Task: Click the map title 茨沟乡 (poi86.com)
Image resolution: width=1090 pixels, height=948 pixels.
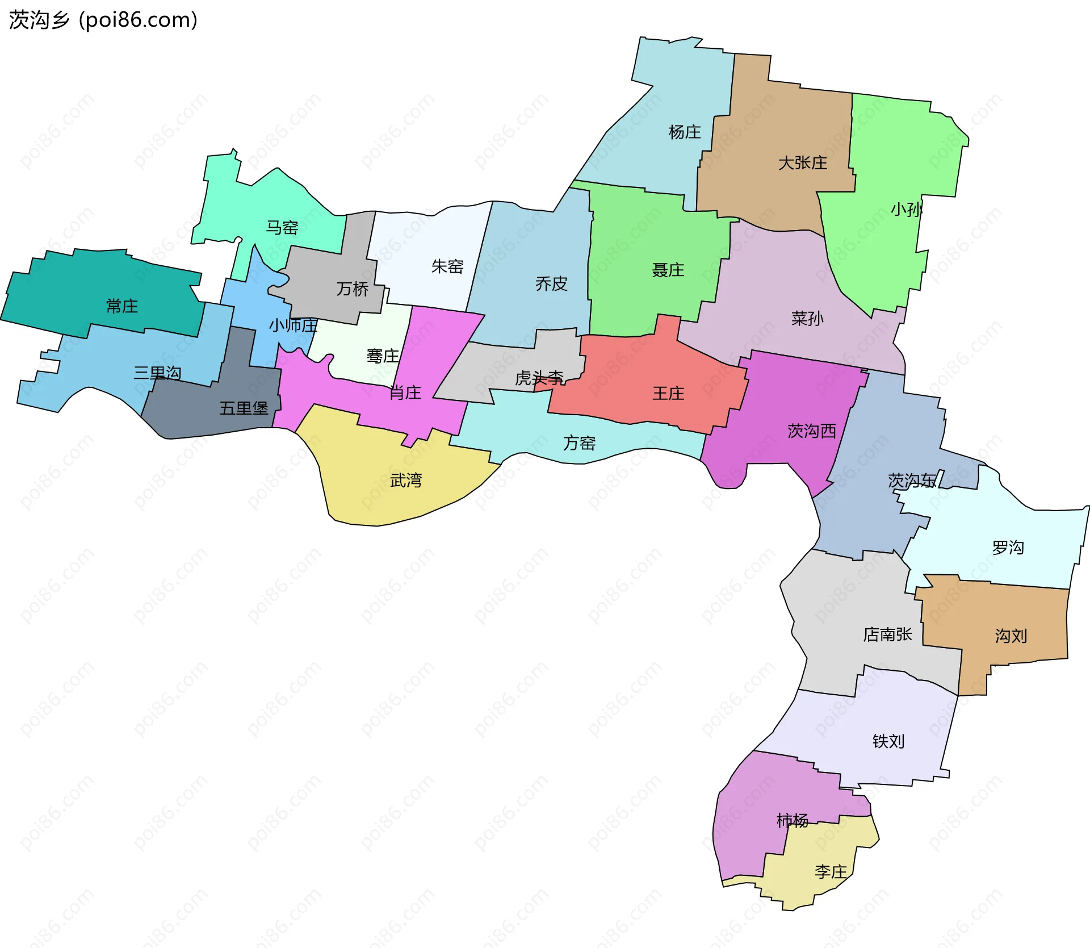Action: click(x=103, y=20)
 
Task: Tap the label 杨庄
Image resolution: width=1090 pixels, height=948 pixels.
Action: click(x=685, y=132)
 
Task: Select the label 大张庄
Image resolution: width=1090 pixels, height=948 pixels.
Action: click(x=802, y=163)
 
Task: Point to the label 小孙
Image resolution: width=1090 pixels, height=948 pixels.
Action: click(x=906, y=210)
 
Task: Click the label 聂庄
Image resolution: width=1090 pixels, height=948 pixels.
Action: click(x=668, y=270)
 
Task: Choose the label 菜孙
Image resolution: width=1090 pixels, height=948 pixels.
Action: click(x=807, y=319)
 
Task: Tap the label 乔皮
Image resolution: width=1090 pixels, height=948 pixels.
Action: click(x=551, y=283)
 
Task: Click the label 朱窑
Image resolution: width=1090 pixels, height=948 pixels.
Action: click(x=447, y=266)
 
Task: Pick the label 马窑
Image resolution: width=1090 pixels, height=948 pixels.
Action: click(x=282, y=228)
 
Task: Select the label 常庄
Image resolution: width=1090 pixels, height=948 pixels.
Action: click(x=121, y=306)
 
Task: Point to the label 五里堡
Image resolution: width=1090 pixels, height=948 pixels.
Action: click(x=244, y=408)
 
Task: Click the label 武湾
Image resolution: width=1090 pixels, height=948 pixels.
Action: click(x=406, y=481)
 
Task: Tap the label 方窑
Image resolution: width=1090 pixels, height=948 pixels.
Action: click(x=579, y=443)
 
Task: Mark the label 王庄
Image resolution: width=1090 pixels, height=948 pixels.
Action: click(x=668, y=393)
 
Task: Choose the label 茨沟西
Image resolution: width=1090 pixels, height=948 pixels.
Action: click(x=811, y=431)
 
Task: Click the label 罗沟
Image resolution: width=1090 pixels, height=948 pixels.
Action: click(x=1008, y=548)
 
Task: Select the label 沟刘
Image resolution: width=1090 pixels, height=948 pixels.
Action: click(x=1011, y=636)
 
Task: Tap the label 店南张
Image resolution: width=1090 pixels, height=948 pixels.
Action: click(x=887, y=634)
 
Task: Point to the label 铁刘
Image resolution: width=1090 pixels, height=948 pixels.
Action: click(x=888, y=741)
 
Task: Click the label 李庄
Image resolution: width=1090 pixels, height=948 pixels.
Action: click(x=830, y=872)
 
